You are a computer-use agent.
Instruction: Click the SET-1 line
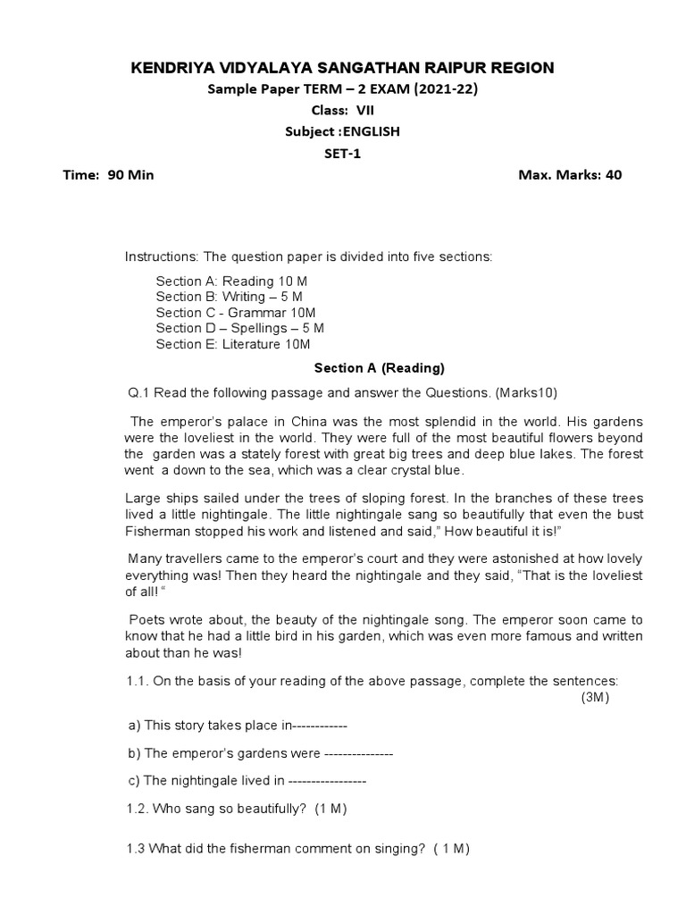[x=342, y=154]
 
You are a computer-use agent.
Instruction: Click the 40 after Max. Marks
[x=614, y=175]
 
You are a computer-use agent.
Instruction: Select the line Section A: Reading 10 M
[x=231, y=281]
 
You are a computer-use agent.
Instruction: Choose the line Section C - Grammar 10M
[x=236, y=313]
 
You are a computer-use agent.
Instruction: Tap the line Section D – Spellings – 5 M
[x=239, y=329]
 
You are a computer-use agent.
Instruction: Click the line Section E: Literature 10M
[x=233, y=345]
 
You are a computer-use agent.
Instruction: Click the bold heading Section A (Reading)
[x=380, y=368]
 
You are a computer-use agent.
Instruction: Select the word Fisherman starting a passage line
[x=154, y=531]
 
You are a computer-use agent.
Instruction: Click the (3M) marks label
[x=595, y=698]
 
